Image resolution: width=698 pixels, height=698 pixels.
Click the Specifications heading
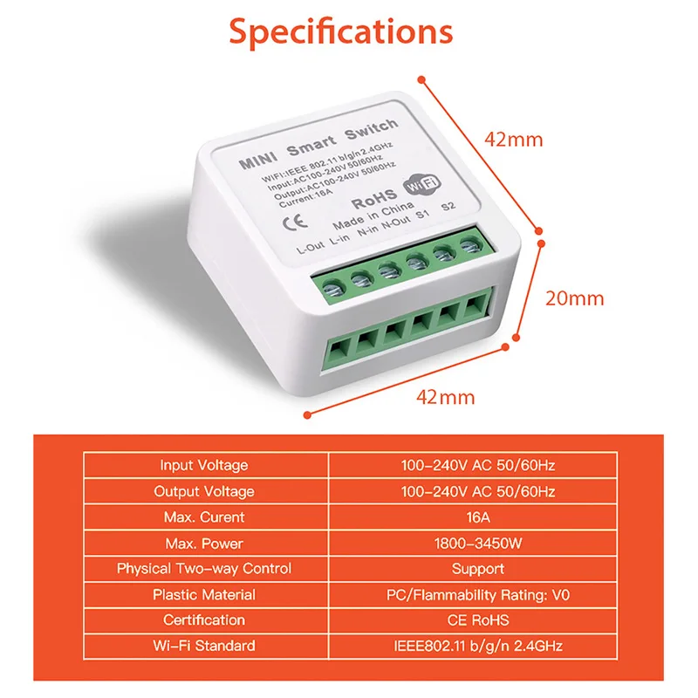click(341, 32)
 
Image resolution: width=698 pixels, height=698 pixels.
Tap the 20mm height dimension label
click(575, 298)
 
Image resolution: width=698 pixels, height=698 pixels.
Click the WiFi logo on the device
click(421, 184)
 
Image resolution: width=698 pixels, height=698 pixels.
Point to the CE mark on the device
click(295, 222)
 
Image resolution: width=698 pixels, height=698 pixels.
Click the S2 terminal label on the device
click(448, 207)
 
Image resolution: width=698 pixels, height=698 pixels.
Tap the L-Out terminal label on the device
click(311, 248)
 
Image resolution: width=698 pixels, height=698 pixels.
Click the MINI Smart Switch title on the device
click(318, 144)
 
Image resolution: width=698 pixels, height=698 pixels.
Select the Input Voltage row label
click(204, 465)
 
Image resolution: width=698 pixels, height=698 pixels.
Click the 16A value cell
click(478, 517)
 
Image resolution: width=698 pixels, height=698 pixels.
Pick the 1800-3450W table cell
click(478, 543)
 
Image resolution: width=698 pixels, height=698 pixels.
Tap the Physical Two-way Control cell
click(204, 569)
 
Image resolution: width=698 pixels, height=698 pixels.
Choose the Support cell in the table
click(478, 569)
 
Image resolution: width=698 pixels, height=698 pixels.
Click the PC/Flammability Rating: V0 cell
click(478, 595)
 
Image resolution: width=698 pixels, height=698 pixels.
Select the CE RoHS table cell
click(478, 620)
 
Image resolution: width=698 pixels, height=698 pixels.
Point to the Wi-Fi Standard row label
click(204, 646)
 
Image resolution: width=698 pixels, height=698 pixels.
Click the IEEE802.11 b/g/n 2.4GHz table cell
click(478, 646)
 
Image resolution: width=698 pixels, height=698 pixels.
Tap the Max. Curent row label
click(204, 517)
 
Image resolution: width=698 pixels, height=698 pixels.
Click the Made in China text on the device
click(373, 216)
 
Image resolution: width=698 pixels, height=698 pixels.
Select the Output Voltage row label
click(204, 491)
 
